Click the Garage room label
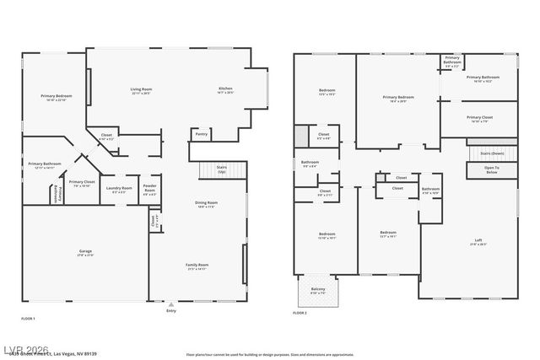point(86,251)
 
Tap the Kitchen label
point(226,89)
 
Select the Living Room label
point(141,89)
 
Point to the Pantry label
point(201,133)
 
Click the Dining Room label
point(207,203)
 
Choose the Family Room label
point(197,266)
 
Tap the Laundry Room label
point(122,189)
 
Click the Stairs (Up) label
point(222,169)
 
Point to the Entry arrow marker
point(171,304)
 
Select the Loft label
point(478,242)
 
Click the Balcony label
point(317,290)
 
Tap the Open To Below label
point(491,169)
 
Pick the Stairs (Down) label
point(492,153)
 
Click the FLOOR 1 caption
point(28,318)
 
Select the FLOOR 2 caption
point(300,313)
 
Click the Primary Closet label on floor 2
point(479,118)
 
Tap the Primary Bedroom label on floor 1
point(57,97)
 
